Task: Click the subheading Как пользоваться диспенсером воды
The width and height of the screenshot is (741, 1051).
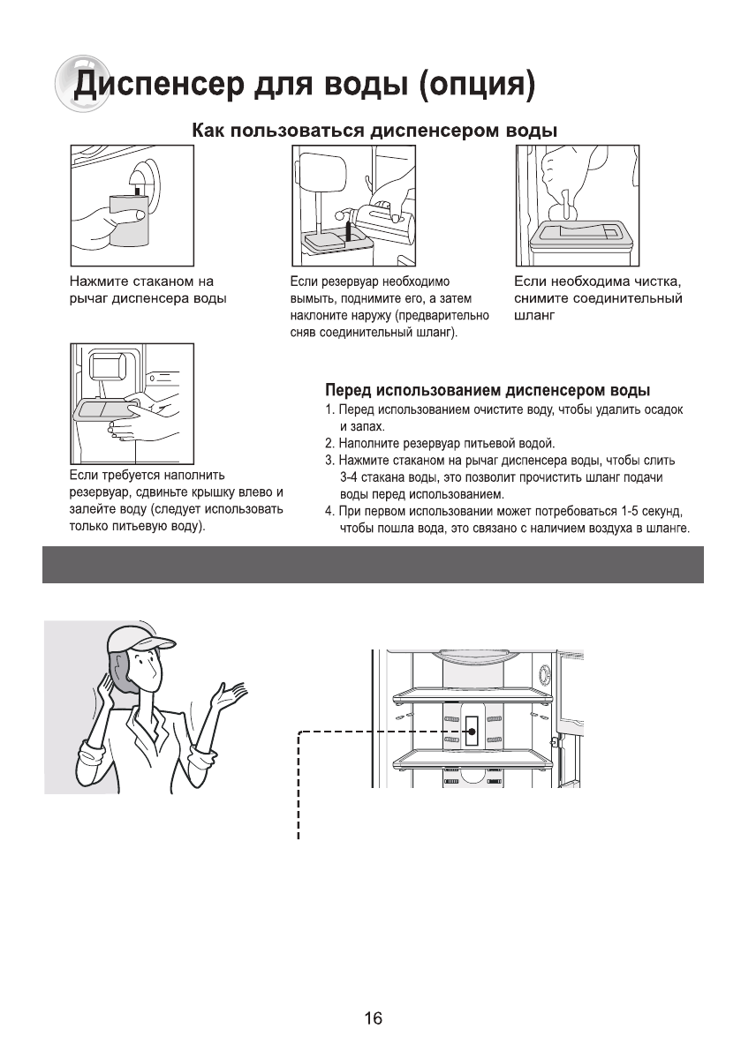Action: (374, 131)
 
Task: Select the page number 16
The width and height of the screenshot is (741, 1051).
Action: (373, 1018)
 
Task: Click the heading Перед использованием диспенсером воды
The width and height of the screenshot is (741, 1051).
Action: (488, 390)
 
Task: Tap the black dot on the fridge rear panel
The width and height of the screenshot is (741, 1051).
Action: (472, 732)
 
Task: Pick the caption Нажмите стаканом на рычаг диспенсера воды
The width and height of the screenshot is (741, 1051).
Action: (148, 290)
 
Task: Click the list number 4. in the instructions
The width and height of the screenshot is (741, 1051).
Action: (330, 512)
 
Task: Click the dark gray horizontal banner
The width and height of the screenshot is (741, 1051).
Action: (373, 565)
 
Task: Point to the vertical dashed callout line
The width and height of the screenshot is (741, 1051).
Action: (300, 785)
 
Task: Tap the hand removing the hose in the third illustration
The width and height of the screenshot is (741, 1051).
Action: (562, 176)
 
